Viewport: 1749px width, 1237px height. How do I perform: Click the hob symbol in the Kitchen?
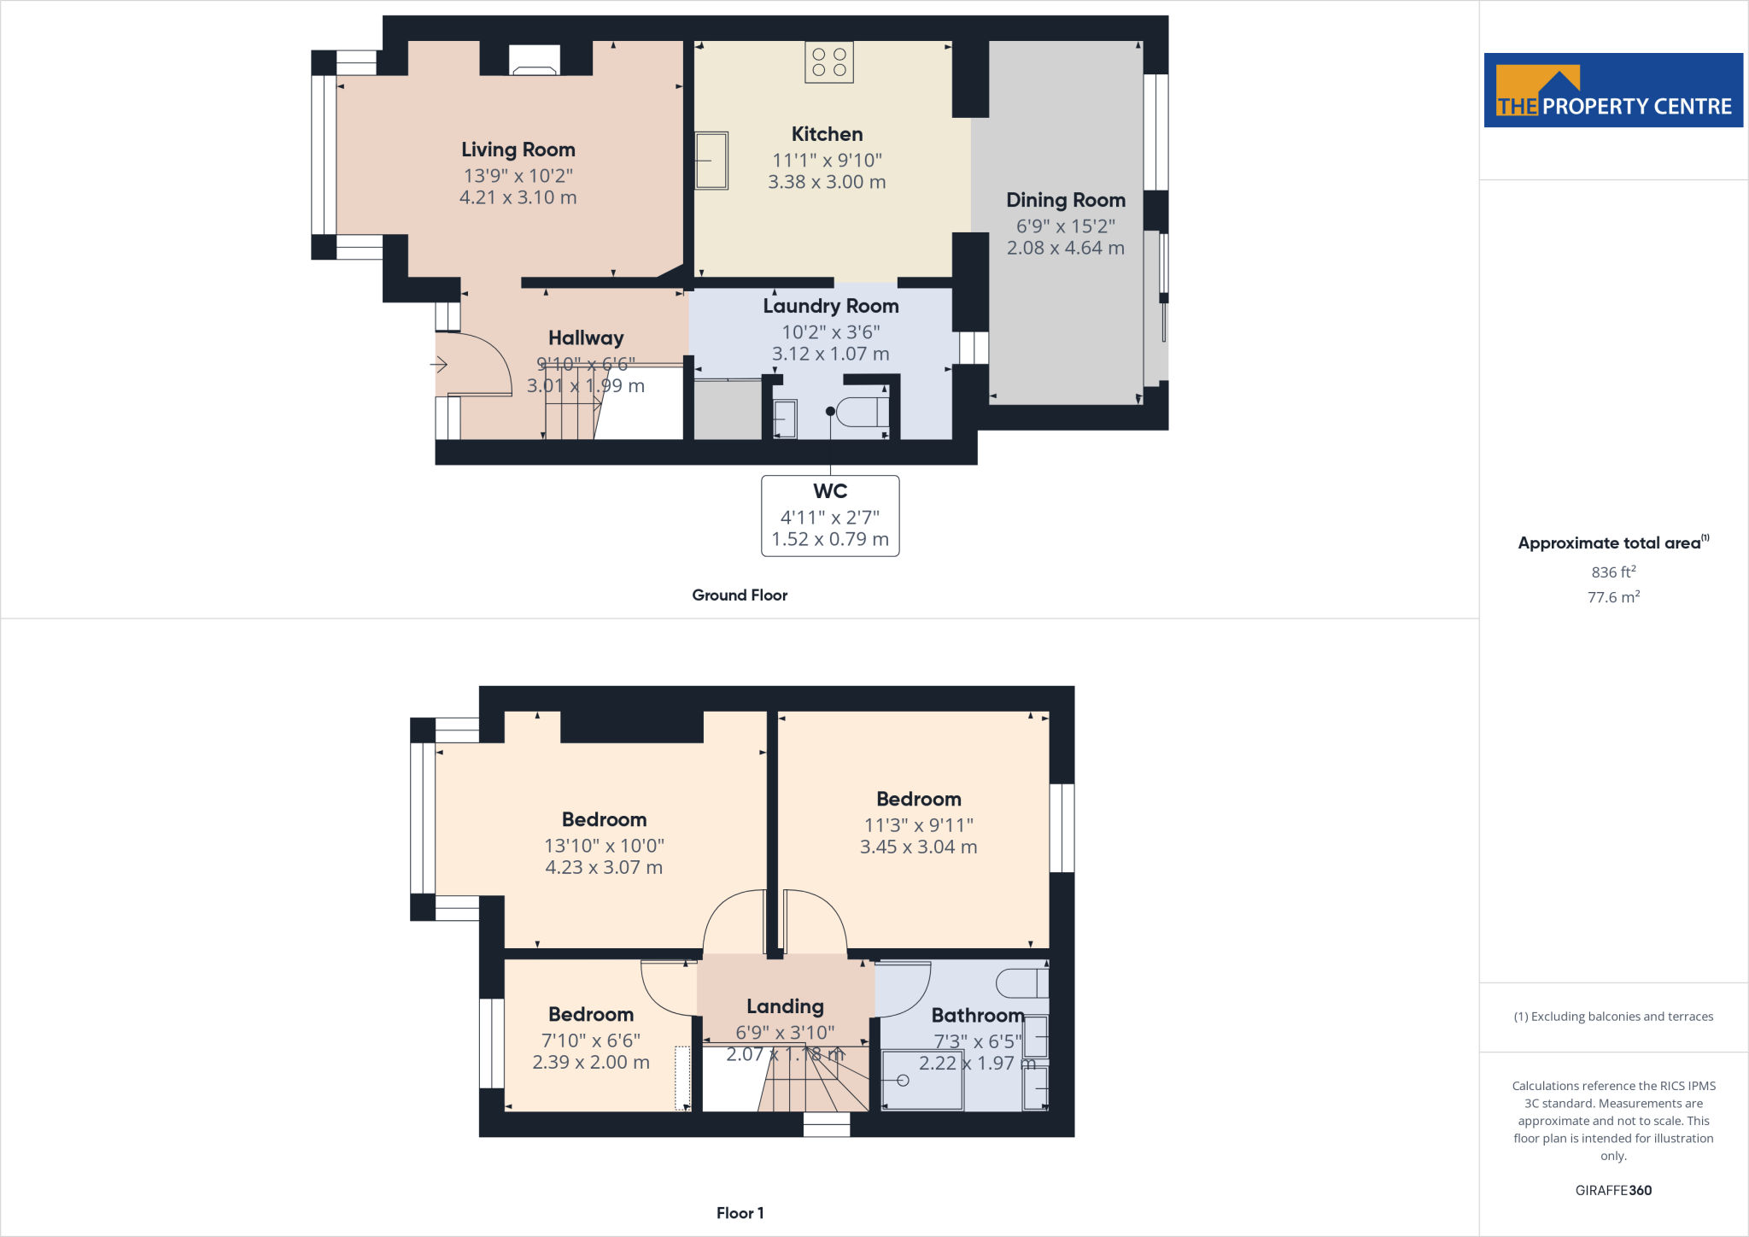point(828,62)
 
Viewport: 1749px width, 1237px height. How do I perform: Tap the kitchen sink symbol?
point(711,160)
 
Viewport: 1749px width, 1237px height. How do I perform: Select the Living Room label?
point(518,149)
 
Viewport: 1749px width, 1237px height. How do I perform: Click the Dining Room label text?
point(1065,200)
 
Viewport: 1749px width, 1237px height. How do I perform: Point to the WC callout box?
point(830,515)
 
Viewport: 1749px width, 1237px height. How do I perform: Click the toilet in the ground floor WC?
point(863,412)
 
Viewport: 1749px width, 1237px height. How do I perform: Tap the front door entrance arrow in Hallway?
point(439,365)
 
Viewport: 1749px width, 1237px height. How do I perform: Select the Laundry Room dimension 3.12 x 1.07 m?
point(830,354)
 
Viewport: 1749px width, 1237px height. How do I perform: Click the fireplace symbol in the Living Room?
point(535,60)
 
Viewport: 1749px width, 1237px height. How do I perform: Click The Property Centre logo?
point(1612,91)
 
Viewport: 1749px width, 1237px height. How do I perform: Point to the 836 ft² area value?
point(1612,572)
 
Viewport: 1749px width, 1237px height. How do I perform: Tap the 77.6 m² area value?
point(1612,597)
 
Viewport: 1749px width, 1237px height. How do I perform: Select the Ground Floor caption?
point(740,595)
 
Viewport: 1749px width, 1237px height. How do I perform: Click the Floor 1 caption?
point(740,1213)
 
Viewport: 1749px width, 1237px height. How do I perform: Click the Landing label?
point(785,1006)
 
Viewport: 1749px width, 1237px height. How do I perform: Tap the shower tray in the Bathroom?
point(922,1081)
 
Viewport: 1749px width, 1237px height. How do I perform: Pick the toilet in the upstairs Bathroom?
point(1021,983)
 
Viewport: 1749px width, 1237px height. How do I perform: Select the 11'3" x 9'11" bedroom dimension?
point(918,825)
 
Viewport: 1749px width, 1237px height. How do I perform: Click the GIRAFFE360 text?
point(1612,1190)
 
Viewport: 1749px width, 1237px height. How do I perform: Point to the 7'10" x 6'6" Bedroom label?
point(590,1041)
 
